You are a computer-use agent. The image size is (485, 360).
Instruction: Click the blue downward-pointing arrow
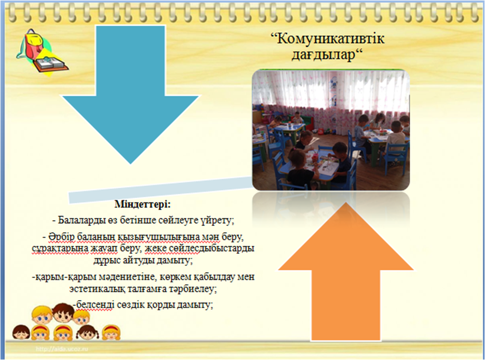coord(130,93)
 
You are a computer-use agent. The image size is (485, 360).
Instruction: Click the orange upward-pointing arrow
coord(346,272)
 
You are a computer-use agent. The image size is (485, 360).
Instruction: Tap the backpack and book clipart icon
coord(42,53)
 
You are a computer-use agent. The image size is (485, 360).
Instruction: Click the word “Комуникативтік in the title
coord(327,39)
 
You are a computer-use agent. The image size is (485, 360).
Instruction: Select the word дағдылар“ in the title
coord(327,55)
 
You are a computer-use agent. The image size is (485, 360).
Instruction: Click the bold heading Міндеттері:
coord(143,204)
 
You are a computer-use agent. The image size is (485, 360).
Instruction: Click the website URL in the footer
coord(62,349)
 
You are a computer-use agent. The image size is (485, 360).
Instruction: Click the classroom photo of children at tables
coord(331,130)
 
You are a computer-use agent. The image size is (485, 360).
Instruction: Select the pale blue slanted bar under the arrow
coord(160,190)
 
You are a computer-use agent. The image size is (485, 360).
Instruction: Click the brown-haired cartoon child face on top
coord(63,313)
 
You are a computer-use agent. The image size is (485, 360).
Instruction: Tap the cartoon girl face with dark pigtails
coord(88,333)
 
